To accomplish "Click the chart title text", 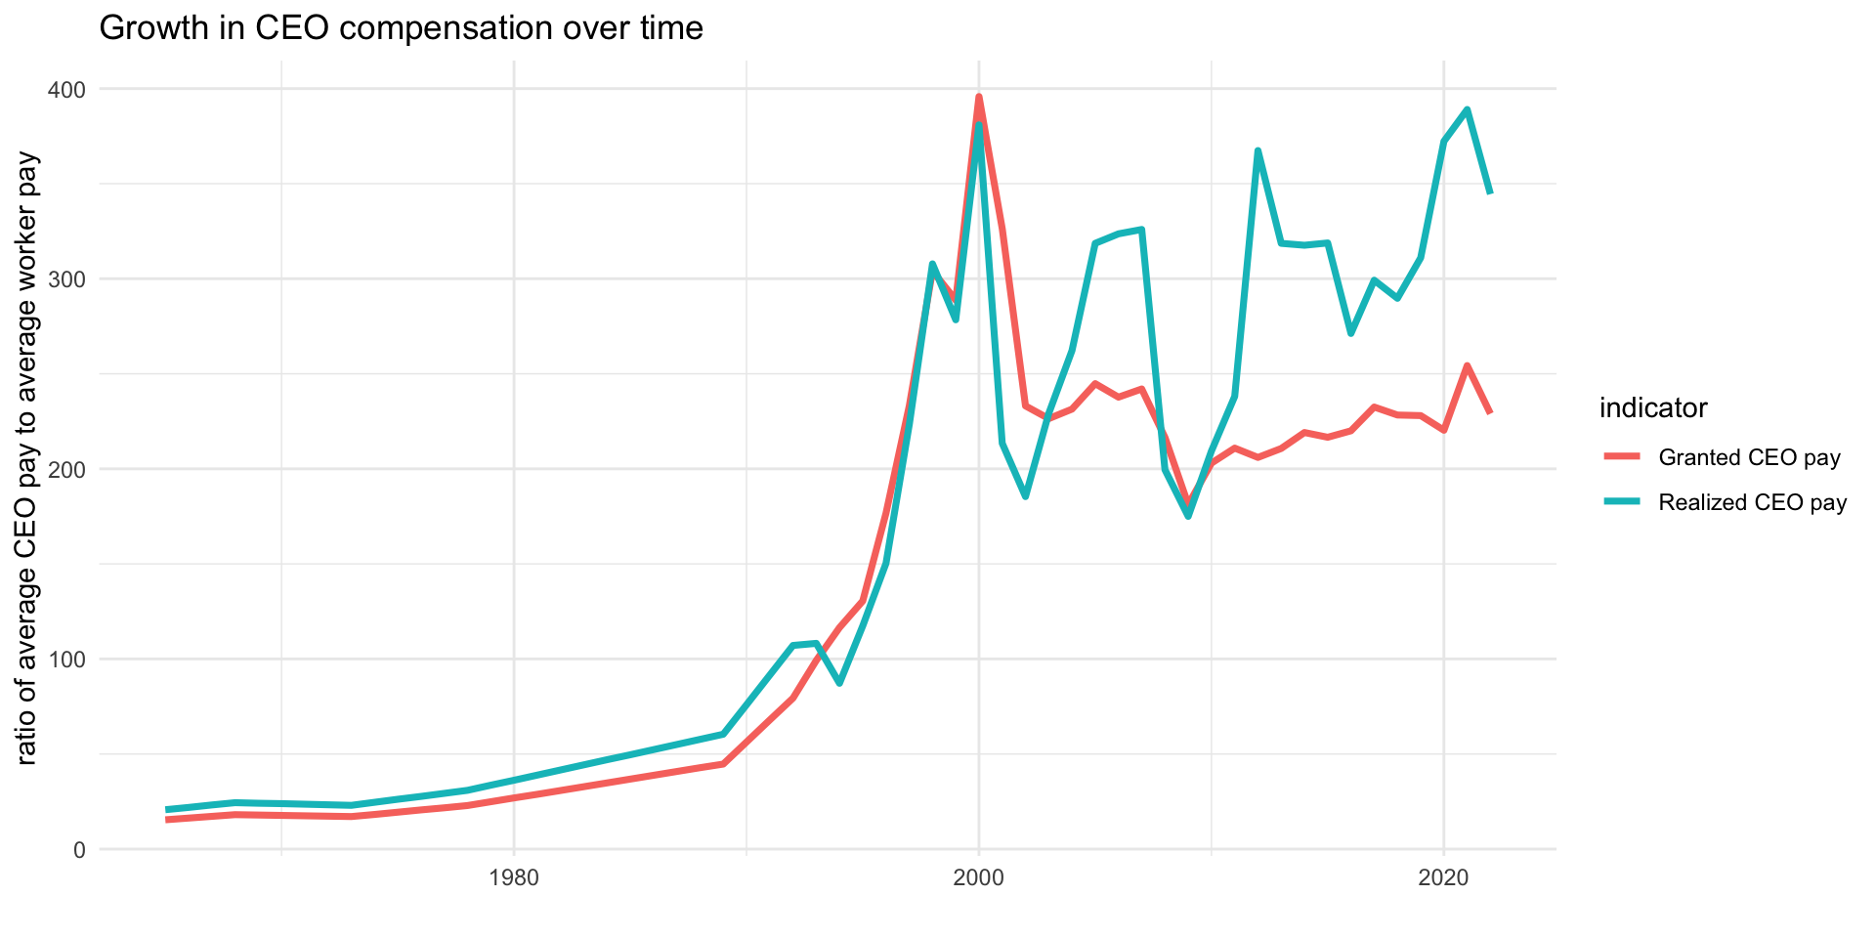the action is [401, 28].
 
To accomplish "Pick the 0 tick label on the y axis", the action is [79, 850].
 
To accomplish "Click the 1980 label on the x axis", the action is [514, 877].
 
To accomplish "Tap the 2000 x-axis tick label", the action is [979, 877].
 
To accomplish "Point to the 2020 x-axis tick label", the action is [1444, 877].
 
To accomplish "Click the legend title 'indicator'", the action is [1653, 408].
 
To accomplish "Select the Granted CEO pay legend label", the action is [1750, 457].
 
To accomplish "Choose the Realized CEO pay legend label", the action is [1753, 502].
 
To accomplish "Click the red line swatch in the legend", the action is [1622, 457].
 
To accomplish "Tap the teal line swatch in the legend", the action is [1622, 502].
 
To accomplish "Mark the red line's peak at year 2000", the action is [979, 97].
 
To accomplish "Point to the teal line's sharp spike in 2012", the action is [1258, 150].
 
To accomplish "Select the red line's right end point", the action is [1490, 412].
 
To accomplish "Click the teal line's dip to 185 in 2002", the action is [1025, 497].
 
